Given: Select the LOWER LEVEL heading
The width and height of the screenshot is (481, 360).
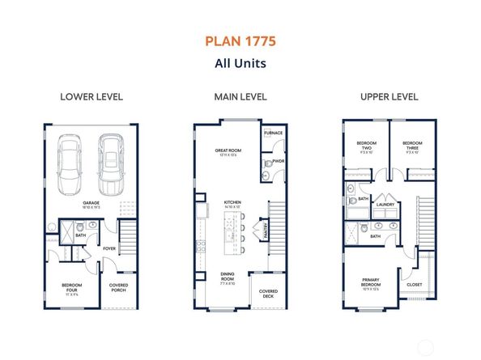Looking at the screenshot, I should [x=92, y=97].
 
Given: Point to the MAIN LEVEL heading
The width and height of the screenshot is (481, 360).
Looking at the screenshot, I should [x=240, y=97].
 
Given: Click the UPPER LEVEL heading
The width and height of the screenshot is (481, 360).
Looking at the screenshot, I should [x=389, y=97].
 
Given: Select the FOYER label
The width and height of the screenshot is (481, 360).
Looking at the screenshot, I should [x=109, y=248].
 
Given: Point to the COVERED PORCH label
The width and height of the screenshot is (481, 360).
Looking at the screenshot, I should [x=118, y=287].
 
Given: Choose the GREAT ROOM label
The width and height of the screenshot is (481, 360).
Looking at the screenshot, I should [x=228, y=150].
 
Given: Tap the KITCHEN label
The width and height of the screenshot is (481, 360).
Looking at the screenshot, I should [x=233, y=204].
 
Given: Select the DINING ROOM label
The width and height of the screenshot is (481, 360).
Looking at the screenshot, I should [x=227, y=277].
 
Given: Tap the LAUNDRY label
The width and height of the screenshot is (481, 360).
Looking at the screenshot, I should [x=384, y=205].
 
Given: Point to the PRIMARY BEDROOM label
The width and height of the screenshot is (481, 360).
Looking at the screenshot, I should [x=371, y=284].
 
